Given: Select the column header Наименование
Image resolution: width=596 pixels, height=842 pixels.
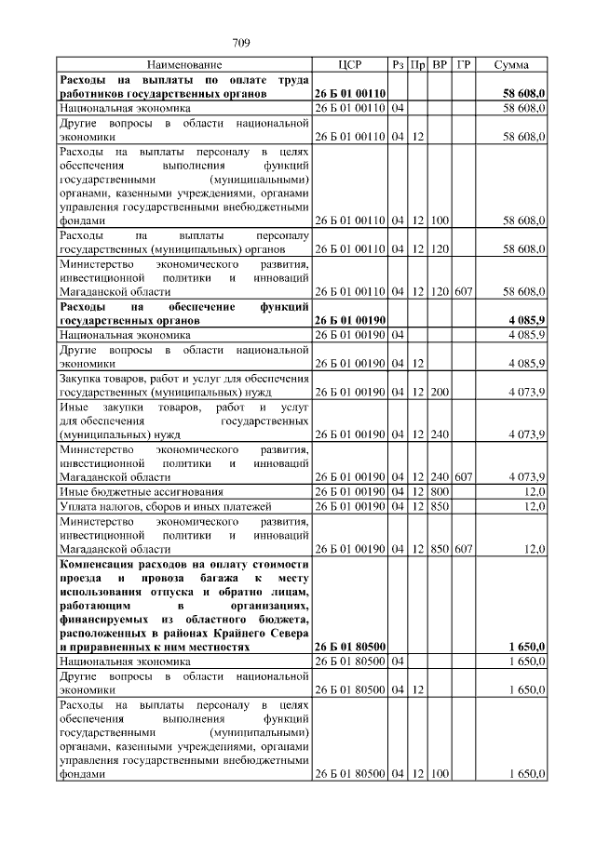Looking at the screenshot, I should tap(183, 65).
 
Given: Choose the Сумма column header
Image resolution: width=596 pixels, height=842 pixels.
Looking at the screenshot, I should tap(512, 65).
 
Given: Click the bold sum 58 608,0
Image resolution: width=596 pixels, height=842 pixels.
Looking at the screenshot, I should tap(523, 94).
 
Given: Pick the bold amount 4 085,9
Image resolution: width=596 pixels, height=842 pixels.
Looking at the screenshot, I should tap(526, 320).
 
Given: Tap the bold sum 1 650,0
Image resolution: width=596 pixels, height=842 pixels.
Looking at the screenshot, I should tap(526, 646).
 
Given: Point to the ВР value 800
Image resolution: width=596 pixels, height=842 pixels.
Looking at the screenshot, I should tap(440, 491).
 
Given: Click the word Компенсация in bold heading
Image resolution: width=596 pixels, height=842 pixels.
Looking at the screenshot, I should tap(101, 565).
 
